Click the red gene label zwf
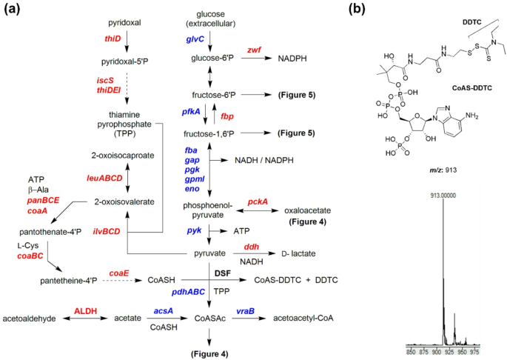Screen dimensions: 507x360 tap(254, 50)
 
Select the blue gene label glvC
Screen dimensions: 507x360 tap(195, 39)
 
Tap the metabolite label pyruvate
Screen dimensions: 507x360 tap(210, 253)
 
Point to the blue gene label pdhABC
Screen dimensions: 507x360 tap(188, 292)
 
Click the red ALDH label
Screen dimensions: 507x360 tap(86, 311)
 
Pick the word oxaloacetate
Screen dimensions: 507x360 tap(307, 211)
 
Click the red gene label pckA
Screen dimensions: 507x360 tap(258, 202)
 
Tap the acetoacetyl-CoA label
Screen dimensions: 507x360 tap(303, 319)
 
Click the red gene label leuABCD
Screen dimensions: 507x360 tap(104, 178)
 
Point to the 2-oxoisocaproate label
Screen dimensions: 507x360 tap(123, 156)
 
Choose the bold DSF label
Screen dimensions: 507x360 tap(223, 273)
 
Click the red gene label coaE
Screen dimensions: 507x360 tap(119, 273)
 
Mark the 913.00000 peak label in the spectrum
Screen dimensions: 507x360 tap(443, 196)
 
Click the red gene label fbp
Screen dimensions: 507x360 tap(227, 116)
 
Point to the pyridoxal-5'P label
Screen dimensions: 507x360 tap(125, 61)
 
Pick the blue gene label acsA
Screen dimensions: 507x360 tap(164, 311)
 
